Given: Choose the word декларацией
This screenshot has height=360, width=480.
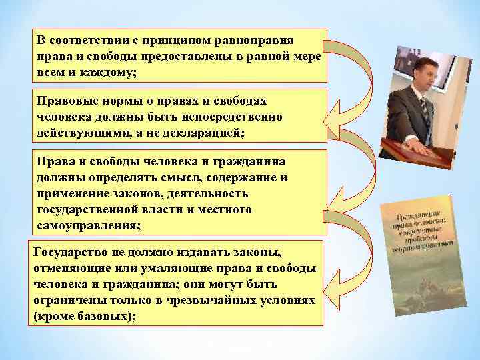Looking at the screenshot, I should (205, 133).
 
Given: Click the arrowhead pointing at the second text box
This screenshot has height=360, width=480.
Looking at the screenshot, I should (333, 119).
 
